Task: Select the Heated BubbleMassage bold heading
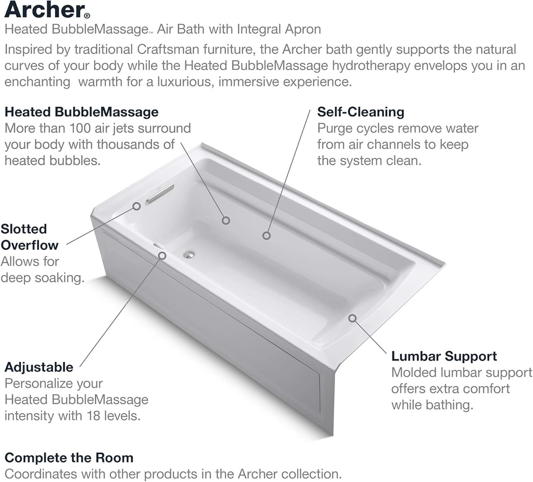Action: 81,112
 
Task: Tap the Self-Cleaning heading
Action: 361,112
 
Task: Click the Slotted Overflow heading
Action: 29,237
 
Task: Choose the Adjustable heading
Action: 39,367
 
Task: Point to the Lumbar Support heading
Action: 444,356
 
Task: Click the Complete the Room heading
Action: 69,458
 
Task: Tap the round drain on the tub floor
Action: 189,255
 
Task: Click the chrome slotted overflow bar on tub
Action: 160,193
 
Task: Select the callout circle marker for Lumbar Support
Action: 352,318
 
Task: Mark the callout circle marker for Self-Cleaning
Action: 266,236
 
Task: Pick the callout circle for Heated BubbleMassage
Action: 226,220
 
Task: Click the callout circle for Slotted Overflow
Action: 136,206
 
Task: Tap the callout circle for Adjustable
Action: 162,256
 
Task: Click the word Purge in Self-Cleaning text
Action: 336,128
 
